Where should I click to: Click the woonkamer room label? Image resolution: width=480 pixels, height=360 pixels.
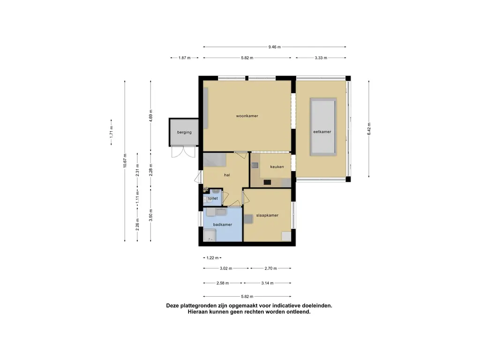coord(247,116)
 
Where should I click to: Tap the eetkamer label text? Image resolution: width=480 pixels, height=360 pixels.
coord(322,132)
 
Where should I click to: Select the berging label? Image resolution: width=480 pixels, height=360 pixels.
coord(184,132)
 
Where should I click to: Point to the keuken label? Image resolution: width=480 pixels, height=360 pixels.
coord(277,167)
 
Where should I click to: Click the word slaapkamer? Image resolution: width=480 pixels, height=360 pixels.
coord(267,215)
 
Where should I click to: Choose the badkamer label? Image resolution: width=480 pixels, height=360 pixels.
coord(223,225)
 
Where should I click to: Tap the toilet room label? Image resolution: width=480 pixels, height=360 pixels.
coord(213,198)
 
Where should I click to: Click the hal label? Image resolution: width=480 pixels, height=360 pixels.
coord(227,175)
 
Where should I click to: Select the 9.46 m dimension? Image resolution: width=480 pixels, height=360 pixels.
coord(274,47)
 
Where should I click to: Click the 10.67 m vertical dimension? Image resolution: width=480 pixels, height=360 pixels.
coord(125,160)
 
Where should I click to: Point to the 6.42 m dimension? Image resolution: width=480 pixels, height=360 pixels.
coord(369,129)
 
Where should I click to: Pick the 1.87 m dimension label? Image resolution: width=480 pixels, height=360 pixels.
coord(184,58)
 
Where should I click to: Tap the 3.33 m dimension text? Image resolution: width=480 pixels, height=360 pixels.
coord(321,58)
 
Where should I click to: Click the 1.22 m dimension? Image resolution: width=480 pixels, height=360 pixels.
coord(212,258)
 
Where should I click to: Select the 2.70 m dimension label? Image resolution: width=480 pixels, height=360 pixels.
coord(270,269)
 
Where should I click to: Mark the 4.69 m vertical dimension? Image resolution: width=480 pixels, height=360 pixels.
coord(150,116)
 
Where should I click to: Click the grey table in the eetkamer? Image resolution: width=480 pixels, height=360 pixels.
coord(323,127)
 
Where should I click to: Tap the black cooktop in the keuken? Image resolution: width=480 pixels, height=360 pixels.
coord(267,182)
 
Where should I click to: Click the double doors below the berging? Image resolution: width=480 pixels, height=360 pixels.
coord(183,152)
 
